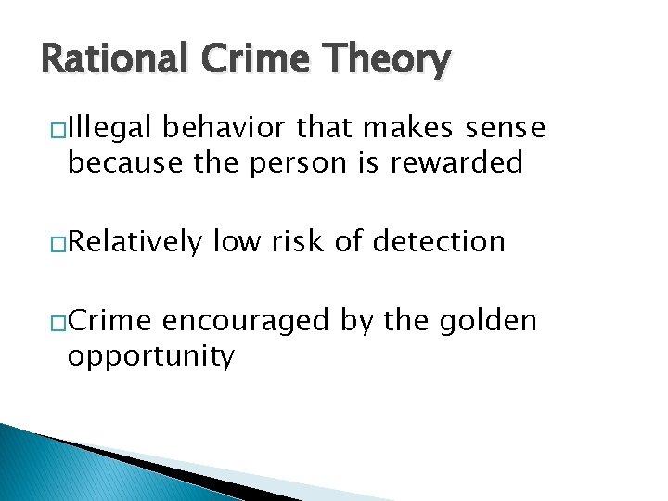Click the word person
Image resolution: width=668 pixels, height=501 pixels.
pos(302,163)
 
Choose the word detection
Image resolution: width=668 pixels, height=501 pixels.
pos(438,242)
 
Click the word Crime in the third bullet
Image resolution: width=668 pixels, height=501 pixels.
pos(111,321)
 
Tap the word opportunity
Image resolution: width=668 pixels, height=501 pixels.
pos(151,357)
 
